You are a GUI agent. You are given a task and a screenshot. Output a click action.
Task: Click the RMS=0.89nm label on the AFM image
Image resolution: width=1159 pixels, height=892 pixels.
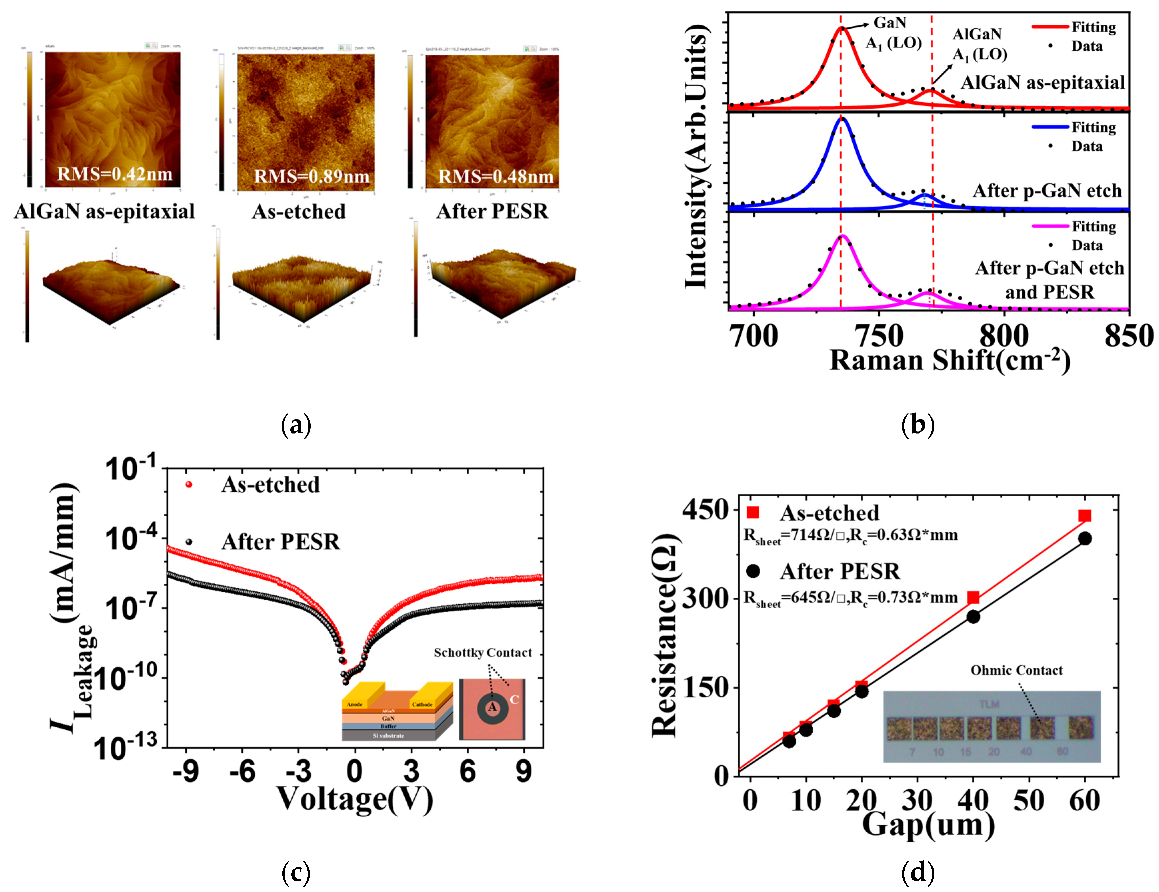coord(312,176)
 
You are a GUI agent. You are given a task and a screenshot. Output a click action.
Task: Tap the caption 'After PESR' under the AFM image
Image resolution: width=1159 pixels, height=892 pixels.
coord(492,211)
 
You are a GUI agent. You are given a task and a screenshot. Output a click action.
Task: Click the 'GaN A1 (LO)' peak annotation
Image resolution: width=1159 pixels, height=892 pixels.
coord(893,33)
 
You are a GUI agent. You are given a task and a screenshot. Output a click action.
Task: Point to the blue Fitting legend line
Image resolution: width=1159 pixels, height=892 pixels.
coord(1050,127)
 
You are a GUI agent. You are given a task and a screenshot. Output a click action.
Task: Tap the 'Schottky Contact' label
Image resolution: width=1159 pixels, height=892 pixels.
coord(482,653)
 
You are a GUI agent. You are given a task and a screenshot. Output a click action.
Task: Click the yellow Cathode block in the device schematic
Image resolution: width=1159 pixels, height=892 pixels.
coord(423,698)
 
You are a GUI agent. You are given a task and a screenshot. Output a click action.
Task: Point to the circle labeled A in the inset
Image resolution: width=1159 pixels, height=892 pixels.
coord(492,707)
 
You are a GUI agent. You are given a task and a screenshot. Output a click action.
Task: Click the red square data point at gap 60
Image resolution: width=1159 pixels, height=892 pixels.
coord(1085,516)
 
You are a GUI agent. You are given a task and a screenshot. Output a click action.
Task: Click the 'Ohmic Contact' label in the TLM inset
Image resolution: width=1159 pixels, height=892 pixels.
coord(1016,670)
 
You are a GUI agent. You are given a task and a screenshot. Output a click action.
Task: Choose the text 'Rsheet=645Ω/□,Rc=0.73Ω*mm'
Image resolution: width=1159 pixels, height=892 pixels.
coord(850,598)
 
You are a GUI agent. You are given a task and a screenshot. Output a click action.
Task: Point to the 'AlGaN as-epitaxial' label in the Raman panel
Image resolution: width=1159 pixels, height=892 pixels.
coord(1043,82)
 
